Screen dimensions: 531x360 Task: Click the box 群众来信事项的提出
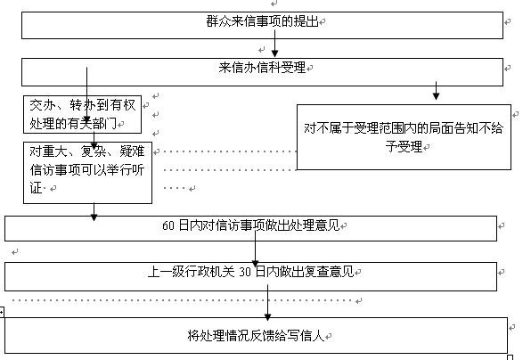click(262, 26)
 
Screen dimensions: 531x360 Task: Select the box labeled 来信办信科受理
click(262, 72)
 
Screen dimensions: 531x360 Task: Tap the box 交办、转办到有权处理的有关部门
click(82, 114)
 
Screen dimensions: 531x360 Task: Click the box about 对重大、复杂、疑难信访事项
click(87, 173)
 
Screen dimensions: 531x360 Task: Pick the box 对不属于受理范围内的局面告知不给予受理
click(404, 137)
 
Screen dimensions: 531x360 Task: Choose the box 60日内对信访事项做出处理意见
click(250, 229)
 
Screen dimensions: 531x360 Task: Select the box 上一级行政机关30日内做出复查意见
click(250, 276)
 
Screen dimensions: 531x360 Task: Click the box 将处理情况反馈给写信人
click(256, 335)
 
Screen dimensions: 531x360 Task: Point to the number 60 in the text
click(168, 225)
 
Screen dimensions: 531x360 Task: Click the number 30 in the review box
click(245, 272)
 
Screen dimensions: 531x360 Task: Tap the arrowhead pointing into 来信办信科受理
click(274, 53)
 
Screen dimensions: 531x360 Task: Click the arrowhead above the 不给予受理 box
click(437, 96)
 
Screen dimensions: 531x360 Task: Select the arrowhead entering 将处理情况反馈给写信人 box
click(267, 317)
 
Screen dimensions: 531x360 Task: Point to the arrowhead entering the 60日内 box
click(94, 217)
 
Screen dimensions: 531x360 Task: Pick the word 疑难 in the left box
click(132, 151)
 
